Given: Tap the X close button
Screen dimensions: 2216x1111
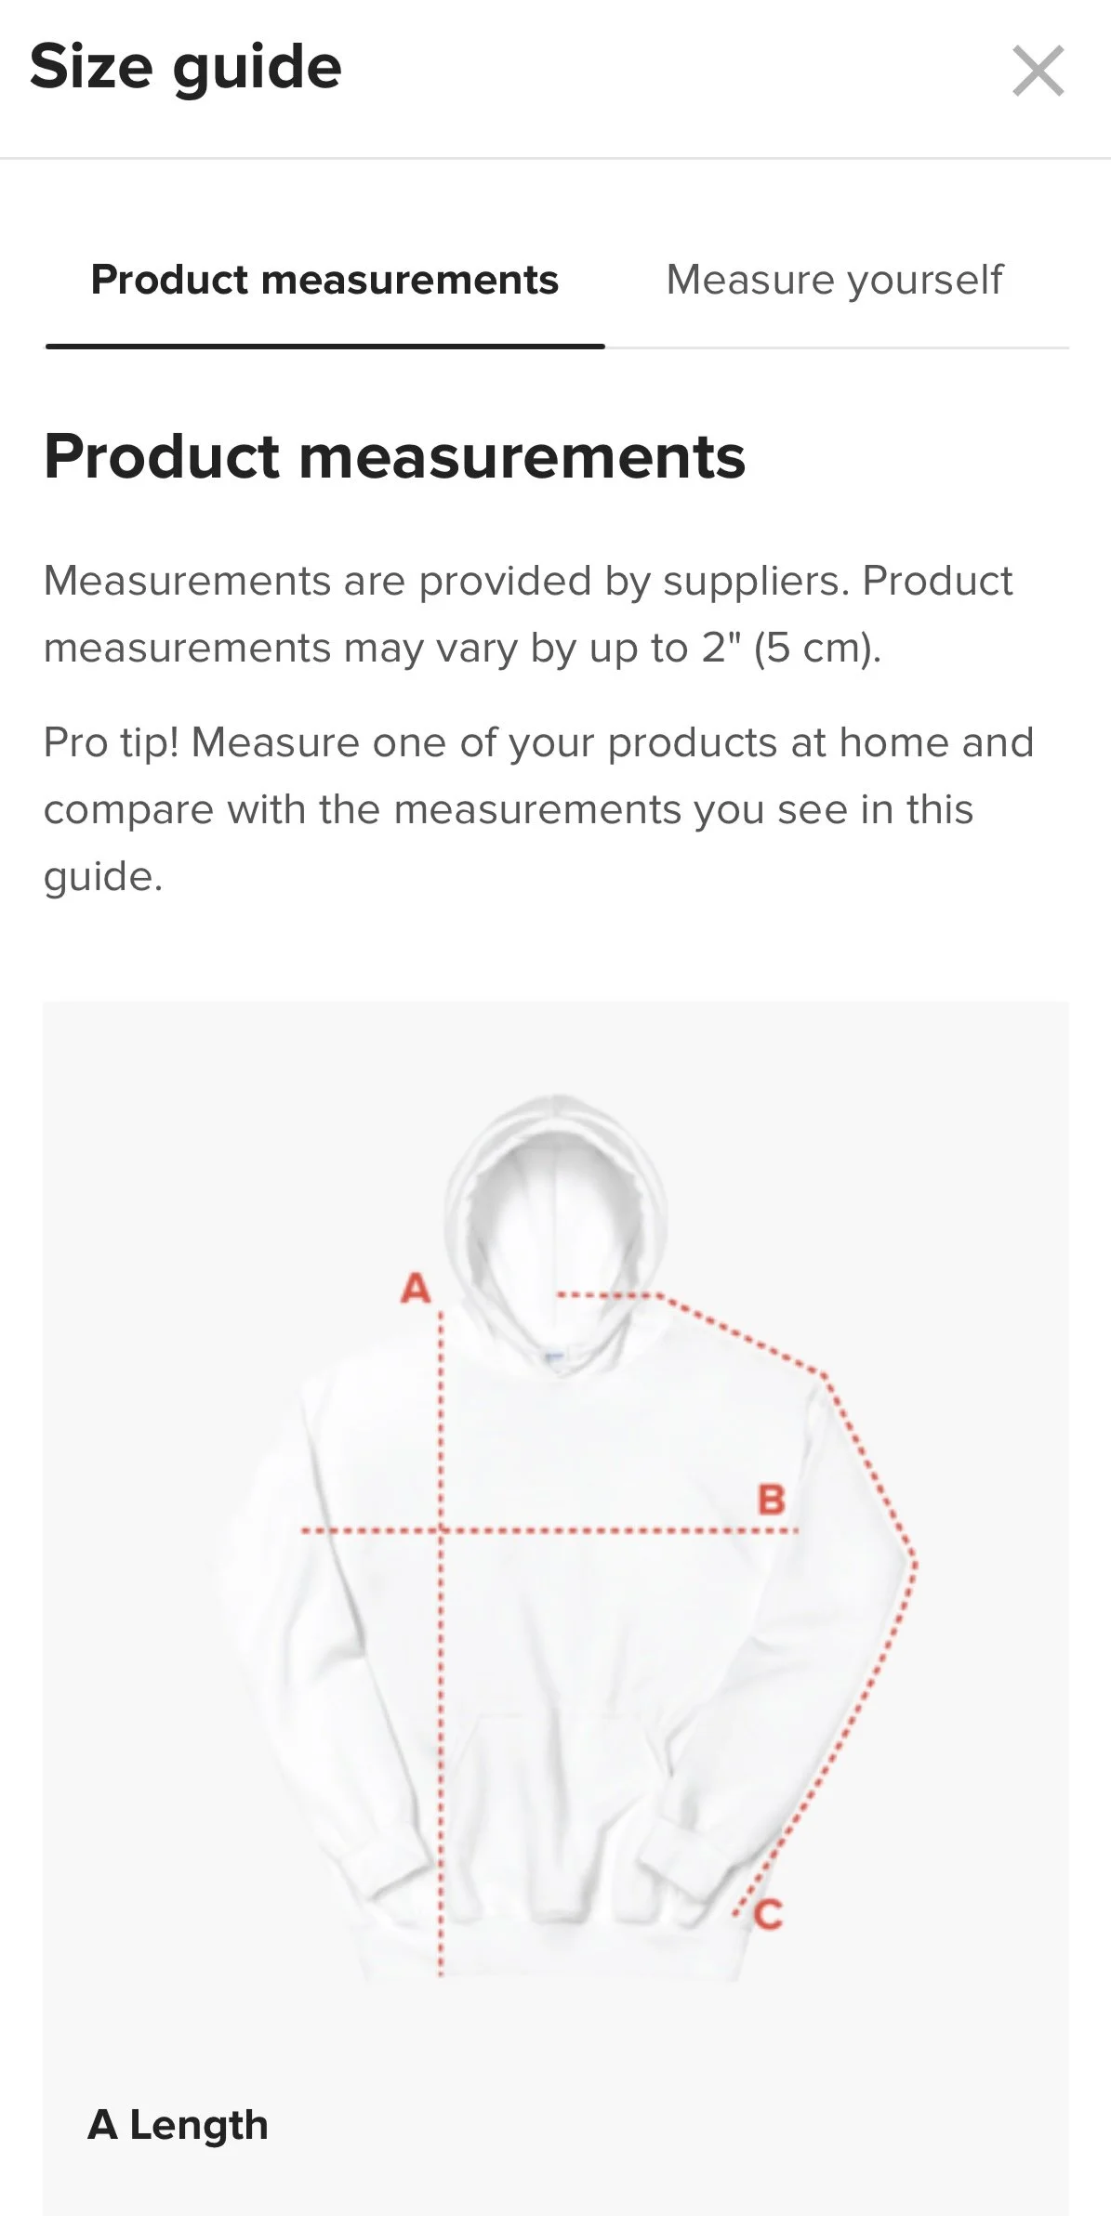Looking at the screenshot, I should [1038, 71].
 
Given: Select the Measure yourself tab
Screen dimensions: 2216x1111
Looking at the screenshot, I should [834, 280].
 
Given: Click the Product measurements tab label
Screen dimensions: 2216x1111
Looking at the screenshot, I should [324, 280].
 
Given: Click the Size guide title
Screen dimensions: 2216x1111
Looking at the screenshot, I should [186, 67].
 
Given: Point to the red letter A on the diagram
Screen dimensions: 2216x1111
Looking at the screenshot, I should [416, 1288].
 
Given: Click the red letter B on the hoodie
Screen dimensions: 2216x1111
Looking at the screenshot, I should [771, 1500].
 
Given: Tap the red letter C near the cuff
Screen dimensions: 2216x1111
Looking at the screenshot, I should [769, 1914].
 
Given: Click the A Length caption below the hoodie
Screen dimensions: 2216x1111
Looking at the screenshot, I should [178, 2124].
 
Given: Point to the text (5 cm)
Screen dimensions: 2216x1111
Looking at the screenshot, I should [816, 649].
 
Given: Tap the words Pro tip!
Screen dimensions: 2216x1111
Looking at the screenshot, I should [111, 743].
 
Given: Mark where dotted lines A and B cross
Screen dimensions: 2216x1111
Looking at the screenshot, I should [441, 1529].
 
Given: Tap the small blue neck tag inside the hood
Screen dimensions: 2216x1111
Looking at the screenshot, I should [553, 1357].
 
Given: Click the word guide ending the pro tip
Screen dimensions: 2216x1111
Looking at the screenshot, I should [102, 877].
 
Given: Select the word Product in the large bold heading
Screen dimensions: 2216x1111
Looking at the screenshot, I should [162, 457].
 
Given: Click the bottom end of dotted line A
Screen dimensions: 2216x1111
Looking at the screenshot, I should [441, 1972].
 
